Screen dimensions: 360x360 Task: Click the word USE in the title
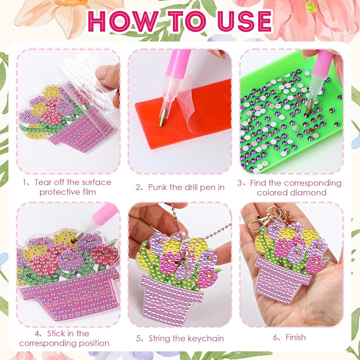click(x=245, y=21)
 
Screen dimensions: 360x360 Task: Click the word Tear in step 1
click(x=43, y=182)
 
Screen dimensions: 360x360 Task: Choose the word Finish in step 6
click(x=296, y=337)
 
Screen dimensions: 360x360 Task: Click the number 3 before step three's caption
click(x=239, y=183)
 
